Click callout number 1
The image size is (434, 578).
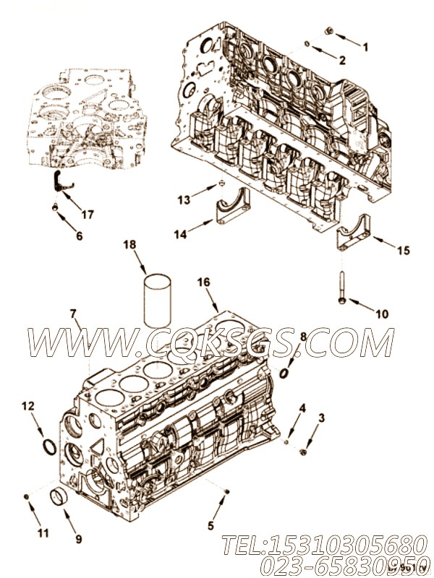(x=365, y=48)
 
